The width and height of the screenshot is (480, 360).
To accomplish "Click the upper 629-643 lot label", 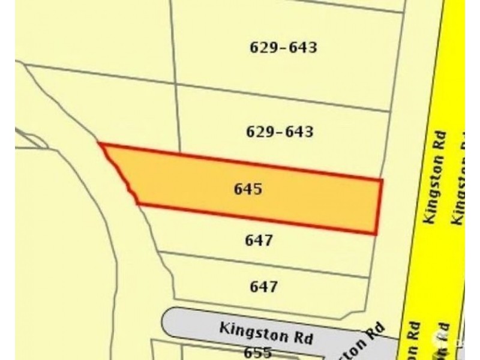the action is [x=282, y=47].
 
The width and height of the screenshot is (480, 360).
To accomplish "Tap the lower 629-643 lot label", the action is [x=280, y=131].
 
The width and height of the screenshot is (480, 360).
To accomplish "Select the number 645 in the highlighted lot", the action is [x=248, y=189].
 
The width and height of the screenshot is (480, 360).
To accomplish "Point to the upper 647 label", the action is [x=259, y=241].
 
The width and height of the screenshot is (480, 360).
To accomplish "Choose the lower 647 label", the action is [x=263, y=287].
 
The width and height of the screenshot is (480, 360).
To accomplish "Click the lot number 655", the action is [x=259, y=352].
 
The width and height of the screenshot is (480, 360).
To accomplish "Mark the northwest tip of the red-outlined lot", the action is [x=100, y=144].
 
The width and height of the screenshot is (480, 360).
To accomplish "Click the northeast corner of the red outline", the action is [x=382, y=179].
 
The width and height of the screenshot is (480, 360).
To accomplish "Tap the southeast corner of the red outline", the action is [x=376, y=233].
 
